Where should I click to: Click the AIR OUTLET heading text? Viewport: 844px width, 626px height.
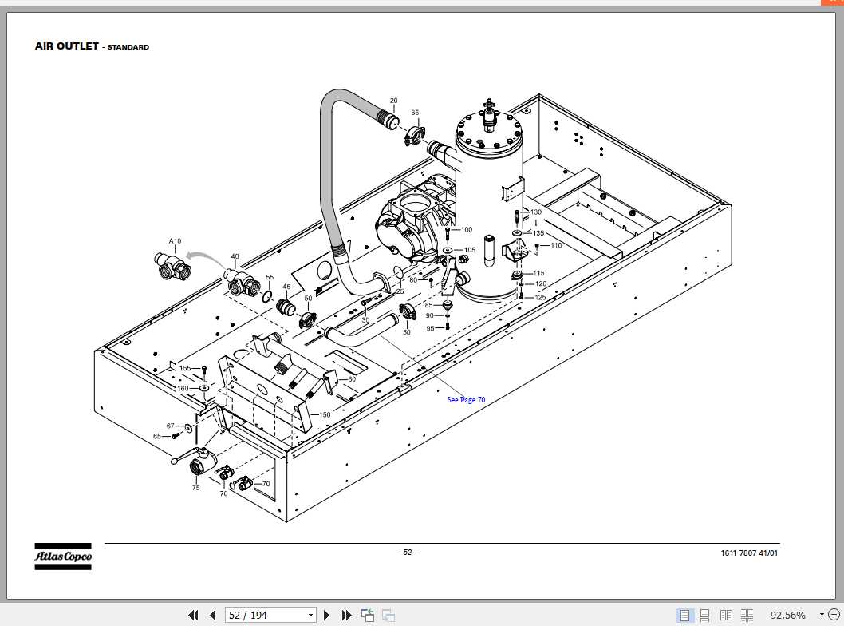[67, 46]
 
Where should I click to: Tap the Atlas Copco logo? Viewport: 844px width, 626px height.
[62, 556]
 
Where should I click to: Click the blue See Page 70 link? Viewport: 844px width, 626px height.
[466, 399]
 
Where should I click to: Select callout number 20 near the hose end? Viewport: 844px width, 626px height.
[393, 101]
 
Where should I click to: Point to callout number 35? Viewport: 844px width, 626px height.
[415, 113]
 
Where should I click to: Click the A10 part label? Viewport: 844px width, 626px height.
[175, 241]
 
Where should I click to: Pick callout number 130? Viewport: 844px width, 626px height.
[536, 212]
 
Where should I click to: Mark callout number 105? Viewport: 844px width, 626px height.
[469, 250]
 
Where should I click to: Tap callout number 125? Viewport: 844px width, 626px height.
[540, 297]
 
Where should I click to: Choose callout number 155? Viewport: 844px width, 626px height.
[184, 368]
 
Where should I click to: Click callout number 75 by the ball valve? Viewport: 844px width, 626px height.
[195, 487]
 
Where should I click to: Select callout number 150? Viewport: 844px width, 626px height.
[325, 414]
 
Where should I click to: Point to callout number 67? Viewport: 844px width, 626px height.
[170, 426]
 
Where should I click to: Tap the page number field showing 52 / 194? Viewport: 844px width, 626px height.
[270, 615]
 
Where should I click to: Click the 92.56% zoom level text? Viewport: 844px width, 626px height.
[787, 615]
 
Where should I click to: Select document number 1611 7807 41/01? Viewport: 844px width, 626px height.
[748, 553]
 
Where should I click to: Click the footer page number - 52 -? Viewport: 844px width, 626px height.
[407, 553]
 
